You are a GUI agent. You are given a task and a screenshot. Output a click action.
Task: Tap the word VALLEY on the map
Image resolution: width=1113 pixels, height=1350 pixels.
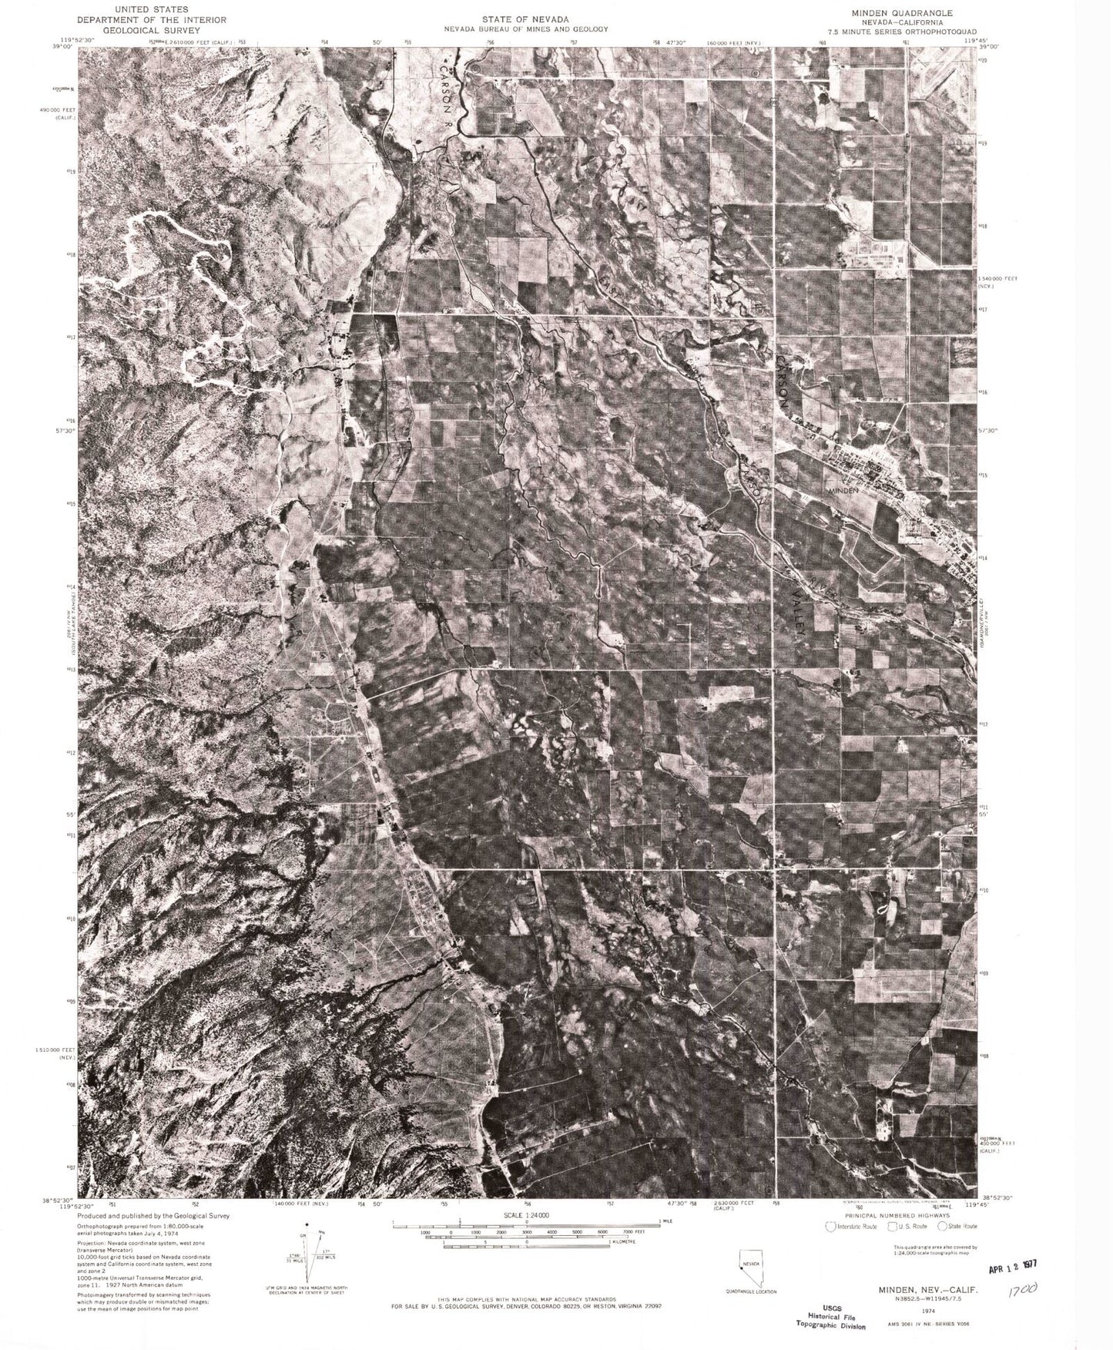coord(798,611)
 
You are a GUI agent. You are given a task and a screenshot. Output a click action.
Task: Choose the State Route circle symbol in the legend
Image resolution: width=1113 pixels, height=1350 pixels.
coord(943,1226)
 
